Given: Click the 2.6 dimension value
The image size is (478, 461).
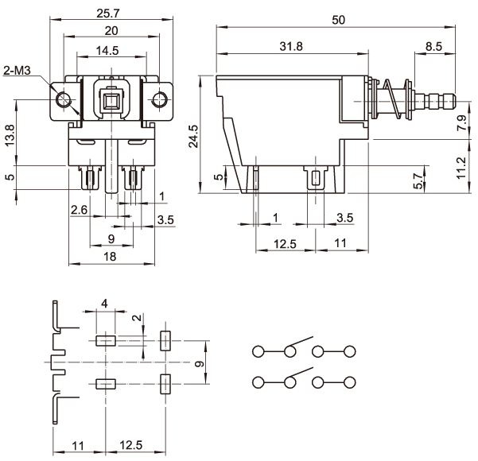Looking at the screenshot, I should (x=79, y=210).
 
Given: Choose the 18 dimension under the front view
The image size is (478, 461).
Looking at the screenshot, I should (x=111, y=256).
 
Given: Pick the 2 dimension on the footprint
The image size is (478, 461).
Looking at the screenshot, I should (x=136, y=319).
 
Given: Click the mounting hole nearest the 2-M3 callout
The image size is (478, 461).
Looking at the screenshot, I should (x=64, y=99).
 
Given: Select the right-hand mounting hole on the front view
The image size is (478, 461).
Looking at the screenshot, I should (x=160, y=99).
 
